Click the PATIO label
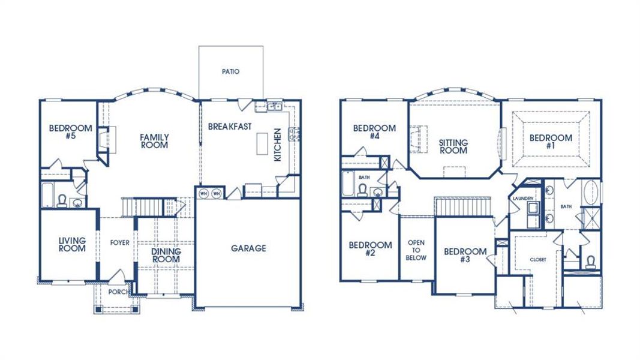pos(230,71)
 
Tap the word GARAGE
pos(248,248)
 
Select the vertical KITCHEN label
pos(277,145)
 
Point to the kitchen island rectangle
pos(262,143)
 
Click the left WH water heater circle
pos(203,194)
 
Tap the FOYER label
pos(119,243)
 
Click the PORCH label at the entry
pos(118,292)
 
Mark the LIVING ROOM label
pos(72,244)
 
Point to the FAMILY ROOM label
pos(154,141)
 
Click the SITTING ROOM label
pos(453,146)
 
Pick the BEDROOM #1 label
pos(551,142)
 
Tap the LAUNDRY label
pos(524,198)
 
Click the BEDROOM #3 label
pos(465,256)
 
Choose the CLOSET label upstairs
pos(538,260)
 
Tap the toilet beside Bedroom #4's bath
pos(362,190)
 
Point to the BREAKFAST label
pos(230,127)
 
